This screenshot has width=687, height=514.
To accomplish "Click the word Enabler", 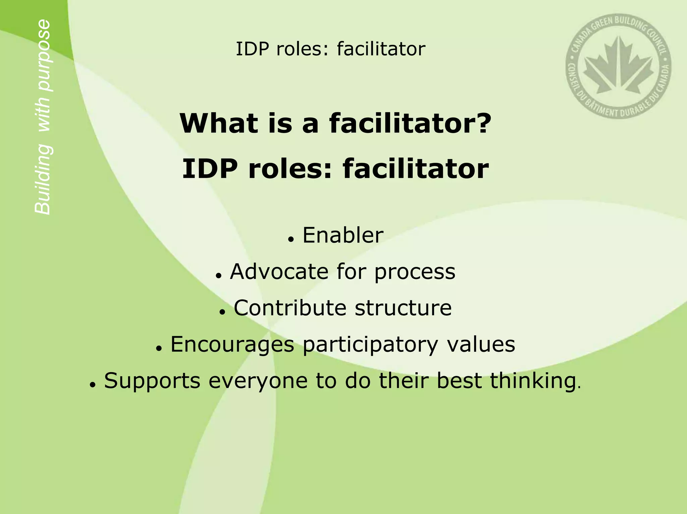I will coord(343,235).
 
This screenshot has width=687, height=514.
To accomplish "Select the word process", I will coord(415,272).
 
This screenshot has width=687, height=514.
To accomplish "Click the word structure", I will coord(403,308).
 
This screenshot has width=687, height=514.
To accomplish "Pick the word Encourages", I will coord(232,344).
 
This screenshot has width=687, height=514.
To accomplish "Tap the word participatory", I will coord(370,345).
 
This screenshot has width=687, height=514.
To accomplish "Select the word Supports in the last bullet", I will coord(152,381).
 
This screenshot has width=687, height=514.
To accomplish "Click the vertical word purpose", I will coord(44,55).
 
